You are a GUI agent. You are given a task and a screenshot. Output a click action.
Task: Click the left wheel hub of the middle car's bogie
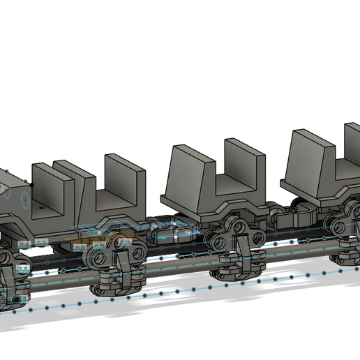tap(220, 241)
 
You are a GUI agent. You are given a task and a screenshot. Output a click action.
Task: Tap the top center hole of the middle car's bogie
tap(239, 226)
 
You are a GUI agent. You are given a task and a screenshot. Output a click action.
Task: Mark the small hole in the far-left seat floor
tap(40, 207)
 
